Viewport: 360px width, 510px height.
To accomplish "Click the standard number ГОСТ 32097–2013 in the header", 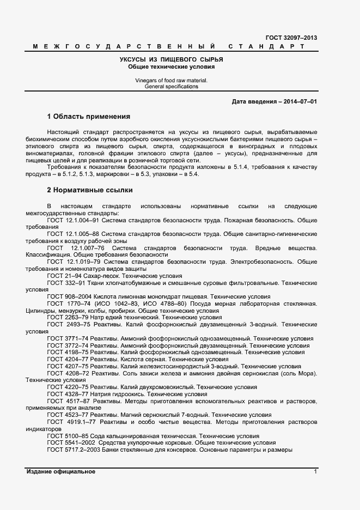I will pos(291,38).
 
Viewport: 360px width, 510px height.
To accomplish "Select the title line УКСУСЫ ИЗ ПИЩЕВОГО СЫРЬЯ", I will pos(172,59).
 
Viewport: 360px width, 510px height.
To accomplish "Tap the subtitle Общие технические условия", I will pos(172,66).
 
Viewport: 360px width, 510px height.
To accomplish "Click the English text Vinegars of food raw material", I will pos(172,80).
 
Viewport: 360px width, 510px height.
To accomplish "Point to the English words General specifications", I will pos(172,87).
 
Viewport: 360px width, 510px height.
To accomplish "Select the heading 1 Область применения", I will pos(89,117).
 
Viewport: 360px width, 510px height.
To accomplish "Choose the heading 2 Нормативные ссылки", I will pos(90,190).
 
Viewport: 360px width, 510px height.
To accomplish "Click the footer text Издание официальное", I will pos(61,471).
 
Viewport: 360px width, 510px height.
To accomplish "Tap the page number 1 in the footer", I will pos(315,471).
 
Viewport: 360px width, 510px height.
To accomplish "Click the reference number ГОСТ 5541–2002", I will pos(70,444).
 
